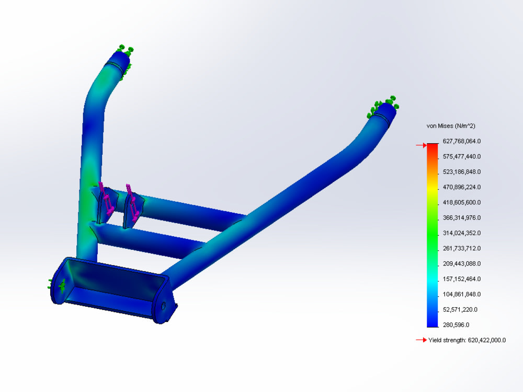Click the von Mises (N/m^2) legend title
pos(451,126)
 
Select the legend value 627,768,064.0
pos(462,141)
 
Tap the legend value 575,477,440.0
pos(462,157)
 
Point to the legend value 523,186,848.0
pos(462,172)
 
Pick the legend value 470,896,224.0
pos(462,187)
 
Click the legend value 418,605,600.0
pos(462,203)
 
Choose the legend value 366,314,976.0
pos(462,218)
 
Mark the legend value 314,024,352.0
pos(462,233)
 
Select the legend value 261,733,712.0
pos(462,249)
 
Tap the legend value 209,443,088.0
pos(462,264)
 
